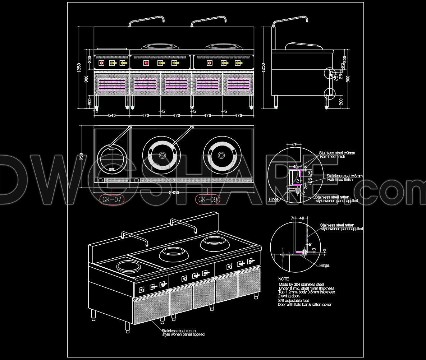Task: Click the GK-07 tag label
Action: click(112, 200)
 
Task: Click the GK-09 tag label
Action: click(208, 200)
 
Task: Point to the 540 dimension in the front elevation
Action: click(112, 116)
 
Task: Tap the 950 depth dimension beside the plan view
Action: click(82, 157)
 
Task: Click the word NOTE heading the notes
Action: click(283, 279)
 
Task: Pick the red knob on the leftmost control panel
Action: click(102, 63)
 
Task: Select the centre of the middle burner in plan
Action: click(162, 155)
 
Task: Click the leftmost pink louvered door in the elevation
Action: click(112, 84)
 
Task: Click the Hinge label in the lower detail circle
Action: click(324, 266)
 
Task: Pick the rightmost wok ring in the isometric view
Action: click(213, 244)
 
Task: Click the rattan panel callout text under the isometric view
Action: click(183, 332)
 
